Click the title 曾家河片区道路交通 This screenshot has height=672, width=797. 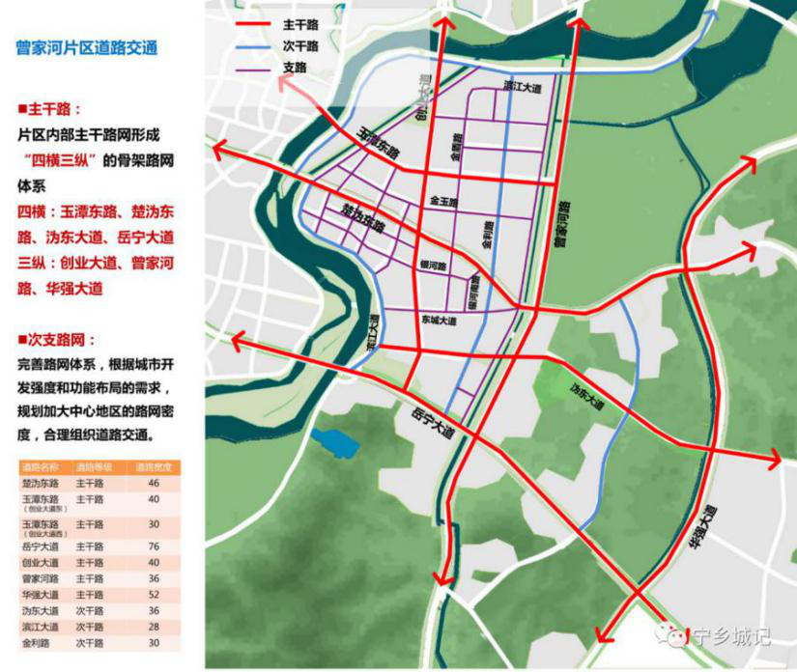[x=87, y=47]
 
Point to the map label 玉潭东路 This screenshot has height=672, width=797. [x=377, y=142]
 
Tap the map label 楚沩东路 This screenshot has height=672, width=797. [x=363, y=219]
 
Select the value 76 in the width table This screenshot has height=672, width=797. [x=153, y=546]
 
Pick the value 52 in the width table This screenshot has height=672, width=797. [x=153, y=594]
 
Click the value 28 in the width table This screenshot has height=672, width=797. [x=153, y=627]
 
